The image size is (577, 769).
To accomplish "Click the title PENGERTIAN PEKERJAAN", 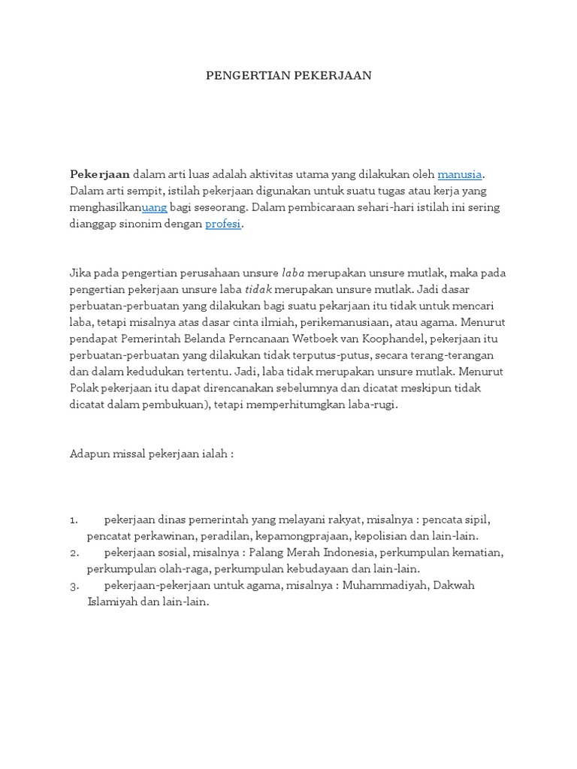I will click(x=288, y=76).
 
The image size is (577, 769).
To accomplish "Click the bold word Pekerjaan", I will click(x=100, y=174).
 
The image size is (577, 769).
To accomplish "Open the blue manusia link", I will click(x=459, y=174).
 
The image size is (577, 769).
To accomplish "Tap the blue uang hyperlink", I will click(x=154, y=207).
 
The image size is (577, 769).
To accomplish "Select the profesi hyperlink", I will click(x=223, y=224).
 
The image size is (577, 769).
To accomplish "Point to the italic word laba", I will click(x=292, y=273).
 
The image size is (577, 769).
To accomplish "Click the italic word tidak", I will click(x=257, y=289).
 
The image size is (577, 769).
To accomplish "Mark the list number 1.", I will click(x=74, y=520).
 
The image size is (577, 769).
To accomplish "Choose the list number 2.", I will click(x=74, y=553).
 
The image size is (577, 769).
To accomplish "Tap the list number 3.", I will click(x=74, y=586).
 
